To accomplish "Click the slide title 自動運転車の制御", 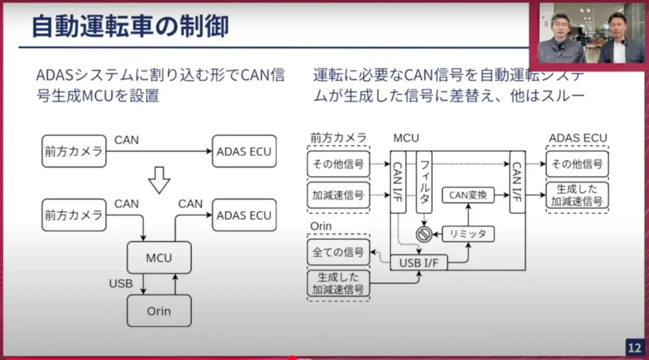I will (x=129, y=26).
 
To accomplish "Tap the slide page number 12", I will (x=634, y=347).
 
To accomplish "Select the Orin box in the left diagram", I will (x=159, y=311).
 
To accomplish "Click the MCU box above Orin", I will (x=159, y=258).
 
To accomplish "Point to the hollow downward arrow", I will (x=159, y=182).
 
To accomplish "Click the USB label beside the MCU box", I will (x=120, y=283).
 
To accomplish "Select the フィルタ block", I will (x=424, y=181).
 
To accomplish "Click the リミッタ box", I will (x=468, y=234).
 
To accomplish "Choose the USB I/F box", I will (x=418, y=262).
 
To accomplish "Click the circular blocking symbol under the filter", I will (x=423, y=234).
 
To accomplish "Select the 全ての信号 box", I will (x=338, y=252).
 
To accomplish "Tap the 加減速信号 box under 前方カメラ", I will (x=338, y=195).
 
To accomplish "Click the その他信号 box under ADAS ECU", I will (x=577, y=164).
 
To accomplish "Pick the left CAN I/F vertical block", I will (x=398, y=181).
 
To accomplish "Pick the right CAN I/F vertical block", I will (x=517, y=181).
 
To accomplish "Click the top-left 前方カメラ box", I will (x=74, y=151).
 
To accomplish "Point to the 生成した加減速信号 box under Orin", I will (x=338, y=283).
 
